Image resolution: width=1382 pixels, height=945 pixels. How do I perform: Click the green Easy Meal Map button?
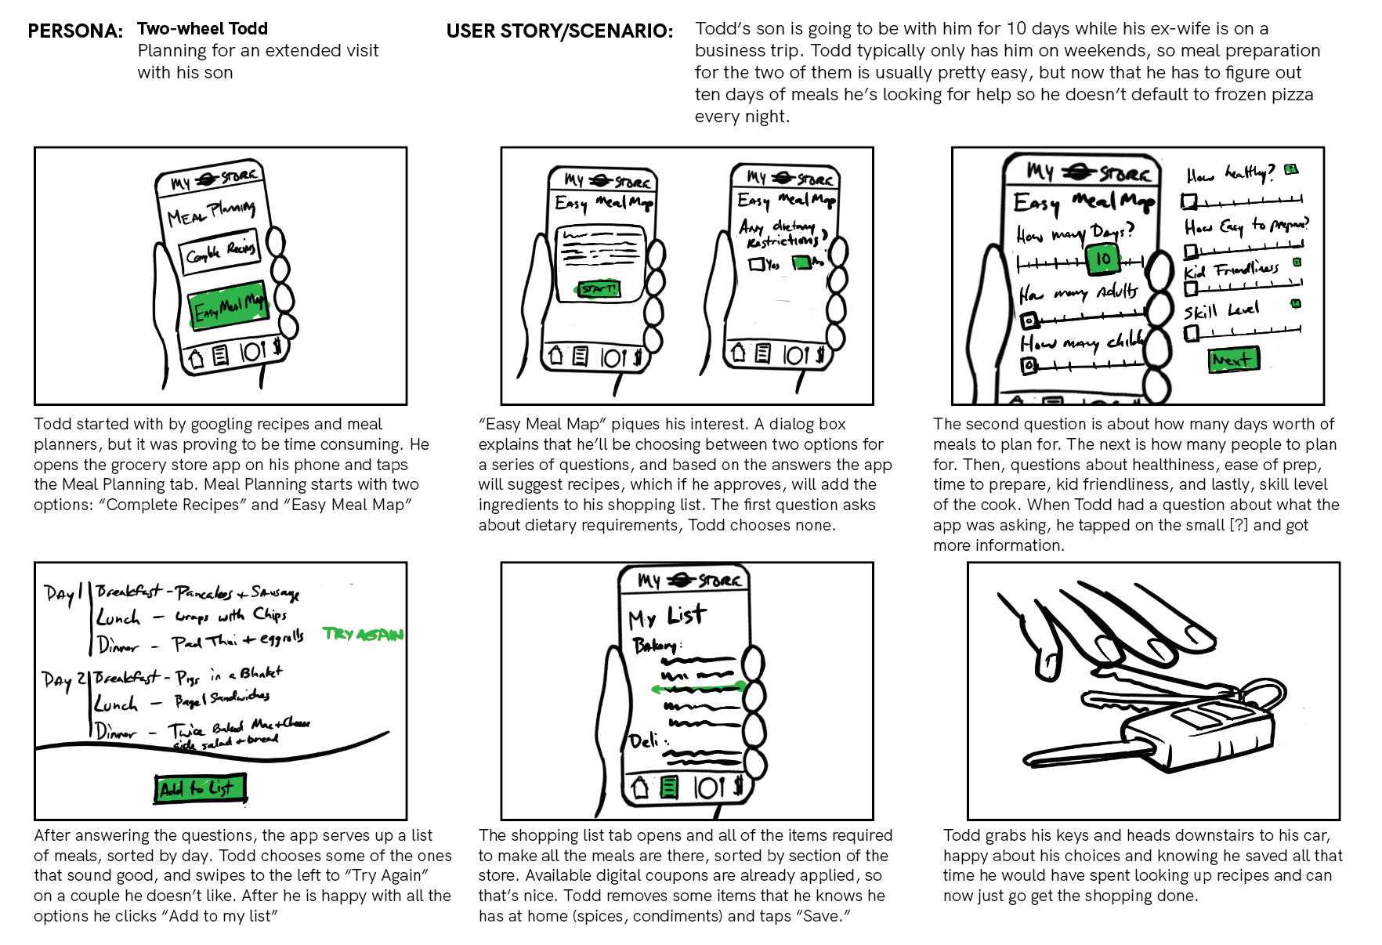click(x=229, y=305)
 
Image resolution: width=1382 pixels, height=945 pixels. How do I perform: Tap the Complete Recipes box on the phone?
click(x=220, y=252)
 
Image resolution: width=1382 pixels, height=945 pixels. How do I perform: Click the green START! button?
click(x=599, y=289)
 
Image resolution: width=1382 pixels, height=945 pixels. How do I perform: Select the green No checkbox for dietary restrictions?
click(x=801, y=262)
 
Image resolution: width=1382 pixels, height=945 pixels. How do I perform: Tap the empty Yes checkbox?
click(x=756, y=265)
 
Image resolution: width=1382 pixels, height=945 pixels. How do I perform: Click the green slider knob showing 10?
click(x=1103, y=259)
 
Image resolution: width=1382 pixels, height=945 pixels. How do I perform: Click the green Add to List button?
click(x=200, y=788)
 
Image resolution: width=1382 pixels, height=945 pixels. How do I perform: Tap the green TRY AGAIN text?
click(x=363, y=634)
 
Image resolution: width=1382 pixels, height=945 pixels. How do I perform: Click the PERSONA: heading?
click(x=75, y=31)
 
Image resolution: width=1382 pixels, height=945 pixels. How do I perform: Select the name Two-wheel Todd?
click(x=202, y=29)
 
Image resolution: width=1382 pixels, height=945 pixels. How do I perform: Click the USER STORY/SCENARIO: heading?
click(x=559, y=31)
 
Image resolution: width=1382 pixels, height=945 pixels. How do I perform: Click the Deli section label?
click(x=646, y=740)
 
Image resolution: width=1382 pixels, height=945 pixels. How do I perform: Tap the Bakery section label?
click(x=656, y=645)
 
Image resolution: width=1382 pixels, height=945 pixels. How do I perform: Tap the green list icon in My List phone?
click(x=668, y=787)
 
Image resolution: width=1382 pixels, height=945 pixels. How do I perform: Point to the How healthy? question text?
click(x=1230, y=173)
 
